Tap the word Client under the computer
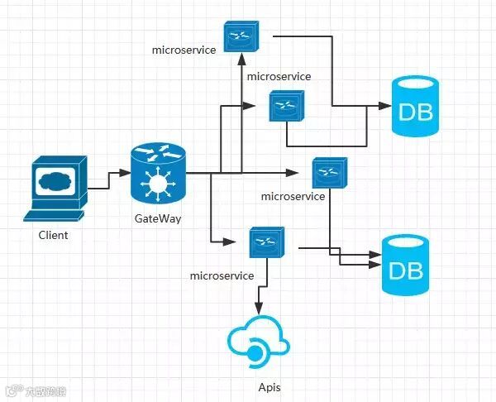pos(54,235)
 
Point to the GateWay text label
pos(158,219)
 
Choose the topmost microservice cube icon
pos(241,36)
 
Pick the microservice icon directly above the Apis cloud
pos(266,242)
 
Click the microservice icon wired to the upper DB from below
pos(286,105)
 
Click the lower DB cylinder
pos(406,266)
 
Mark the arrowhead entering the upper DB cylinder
pos(384,107)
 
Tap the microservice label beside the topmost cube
pos(184,50)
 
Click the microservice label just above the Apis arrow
pos(222,275)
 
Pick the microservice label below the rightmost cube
pos(292,196)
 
